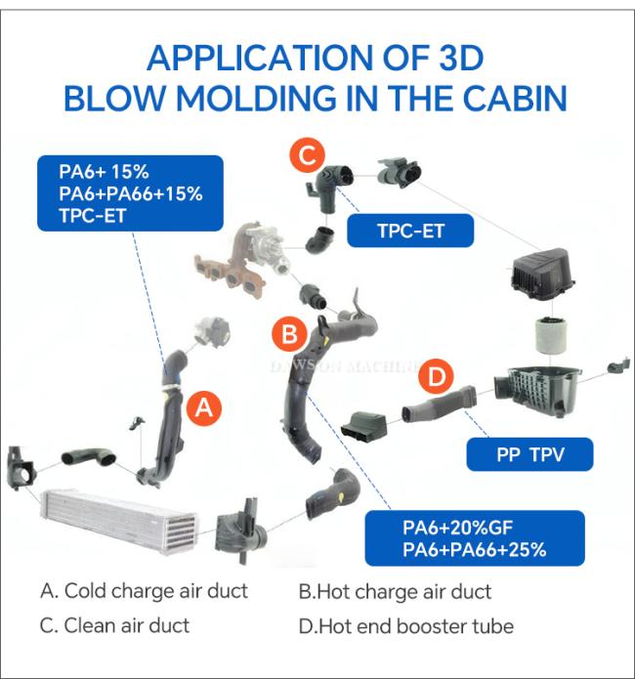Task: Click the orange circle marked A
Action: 203,408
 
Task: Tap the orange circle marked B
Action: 289,334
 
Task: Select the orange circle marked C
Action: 307,154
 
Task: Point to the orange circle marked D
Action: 436,376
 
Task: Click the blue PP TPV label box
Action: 529,454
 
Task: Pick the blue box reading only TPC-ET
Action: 410,231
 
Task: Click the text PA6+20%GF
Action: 457,528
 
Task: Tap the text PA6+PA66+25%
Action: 475,550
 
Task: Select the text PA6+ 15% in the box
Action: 104,172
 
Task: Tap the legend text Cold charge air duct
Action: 156,591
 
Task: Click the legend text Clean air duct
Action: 126,625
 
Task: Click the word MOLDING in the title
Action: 256,98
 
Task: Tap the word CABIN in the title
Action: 515,98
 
